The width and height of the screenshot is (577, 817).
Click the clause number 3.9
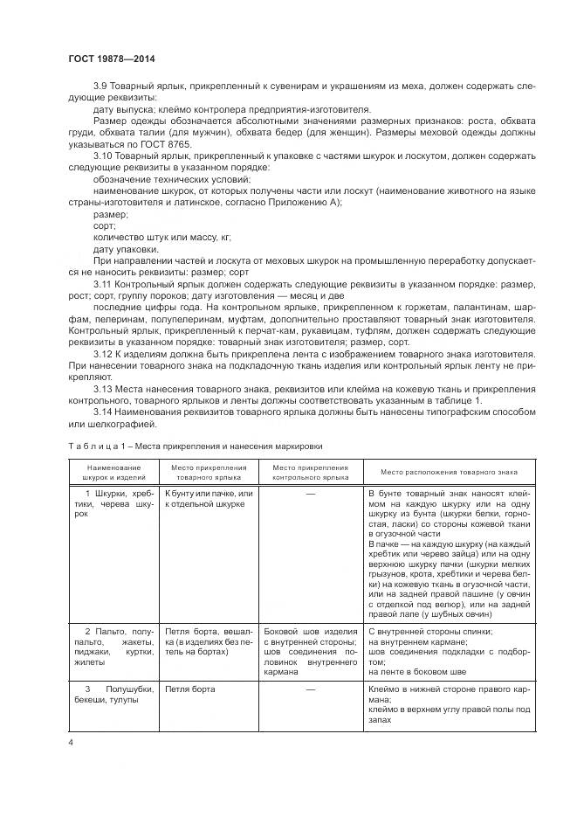pyautogui.click(x=103, y=85)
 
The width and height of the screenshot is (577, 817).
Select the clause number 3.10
pyautogui.click(x=106, y=155)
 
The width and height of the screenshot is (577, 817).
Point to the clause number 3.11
pyautogui.click(x=105, y=285)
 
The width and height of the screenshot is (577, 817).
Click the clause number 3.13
pyautogui.click(x=105, y=387)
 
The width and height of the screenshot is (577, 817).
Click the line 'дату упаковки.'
pyautogui.click(x=126, y=248)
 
